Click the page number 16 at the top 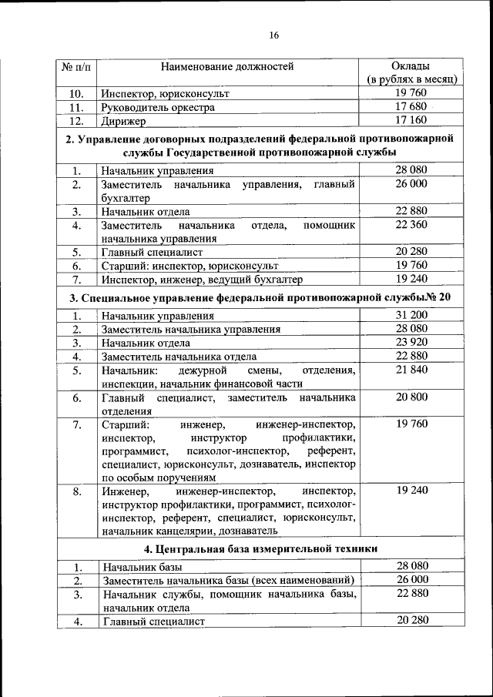(x=273, y=35)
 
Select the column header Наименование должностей (x=227, y=67)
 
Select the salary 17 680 (x=411, y=107)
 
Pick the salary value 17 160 (x=411, y=121)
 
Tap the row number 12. (x=75, y=122)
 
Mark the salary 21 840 (x=411, y=370)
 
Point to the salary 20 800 (x=411, y=397)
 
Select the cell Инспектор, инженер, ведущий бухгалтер (x=196, y=279)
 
